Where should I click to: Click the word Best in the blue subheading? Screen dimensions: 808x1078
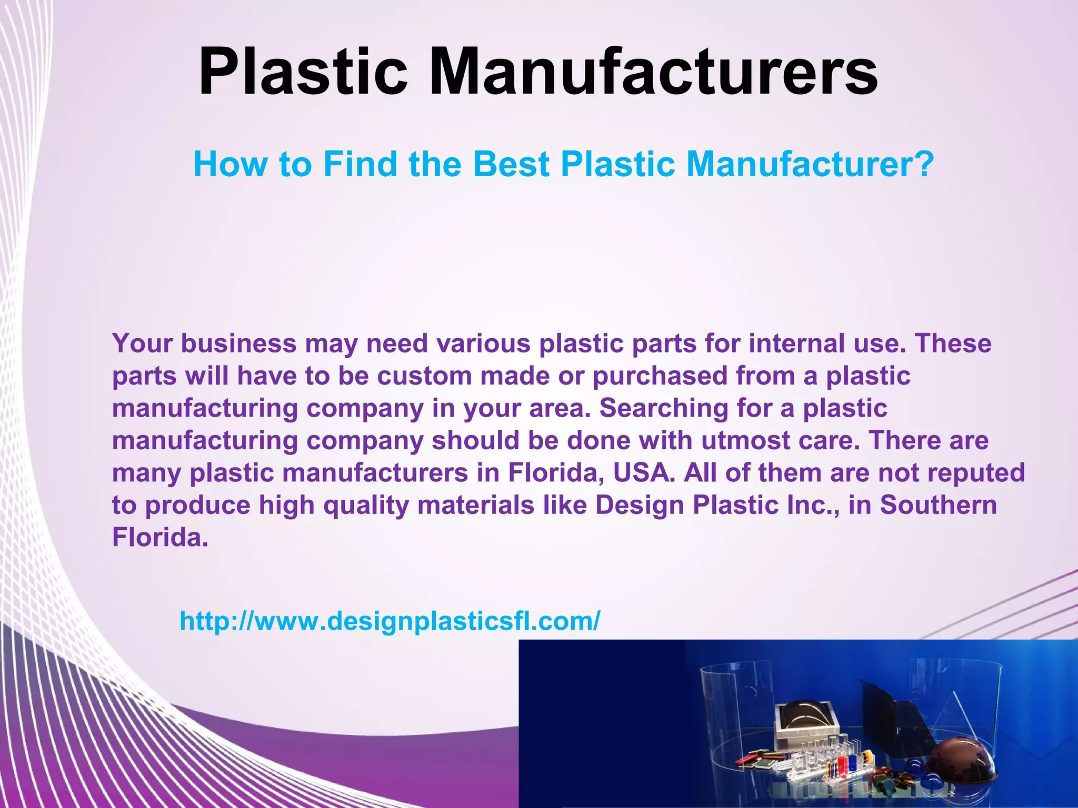(x=511, y=164)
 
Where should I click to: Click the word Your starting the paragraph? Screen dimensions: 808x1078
(x=143, y=344)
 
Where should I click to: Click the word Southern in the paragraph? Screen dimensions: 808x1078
(x=939, y=506)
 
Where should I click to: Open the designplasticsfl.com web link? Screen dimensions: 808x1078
(x=390, y=621)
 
